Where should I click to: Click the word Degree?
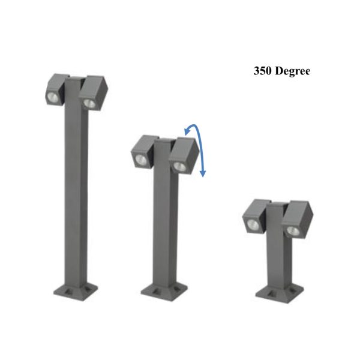point(292,71)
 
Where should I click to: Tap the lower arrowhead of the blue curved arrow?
point(203,174)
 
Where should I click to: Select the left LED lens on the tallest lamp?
point(53,98)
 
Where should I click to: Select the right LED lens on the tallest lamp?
point(89,103)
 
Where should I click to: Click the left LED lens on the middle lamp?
point(140,159)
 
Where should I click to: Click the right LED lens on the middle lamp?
point(179,167)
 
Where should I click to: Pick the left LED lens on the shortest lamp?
point(253,224)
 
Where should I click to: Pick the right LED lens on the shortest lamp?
point(293,231)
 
